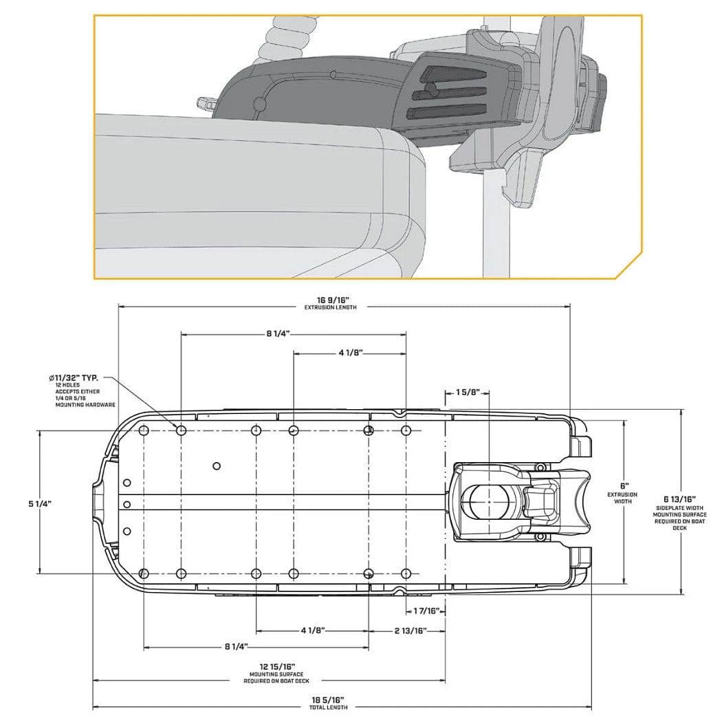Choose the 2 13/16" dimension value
click(x=411, y=630)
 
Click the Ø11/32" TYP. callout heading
click(x=74, y=378)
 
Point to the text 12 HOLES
click(x=68, y=385)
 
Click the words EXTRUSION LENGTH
click(x=331, y=307)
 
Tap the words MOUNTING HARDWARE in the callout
click(x=85, y=406)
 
